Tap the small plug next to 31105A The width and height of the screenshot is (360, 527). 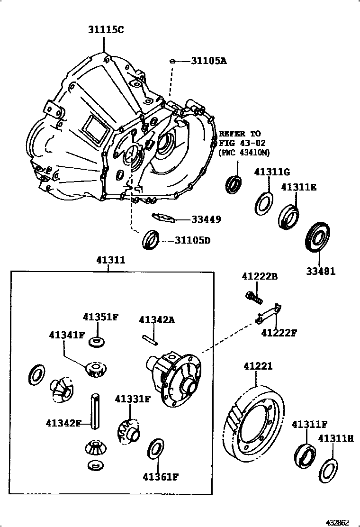click(173, 61)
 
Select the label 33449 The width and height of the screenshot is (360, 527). click(206, 219)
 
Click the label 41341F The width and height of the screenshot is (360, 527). click(66, 335)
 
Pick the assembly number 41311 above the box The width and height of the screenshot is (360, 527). click(110, 260)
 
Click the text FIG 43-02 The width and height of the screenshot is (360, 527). click(242, 143)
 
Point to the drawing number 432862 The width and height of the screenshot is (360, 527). click(337, 522)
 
